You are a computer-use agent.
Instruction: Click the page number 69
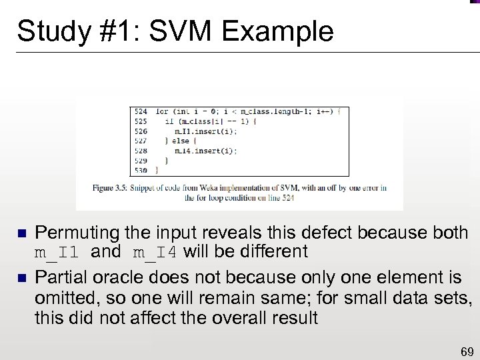[x=467, y=351]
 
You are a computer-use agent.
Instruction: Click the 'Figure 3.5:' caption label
[x=113, y=187]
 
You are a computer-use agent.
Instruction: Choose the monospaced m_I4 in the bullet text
[x=155, y=253]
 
